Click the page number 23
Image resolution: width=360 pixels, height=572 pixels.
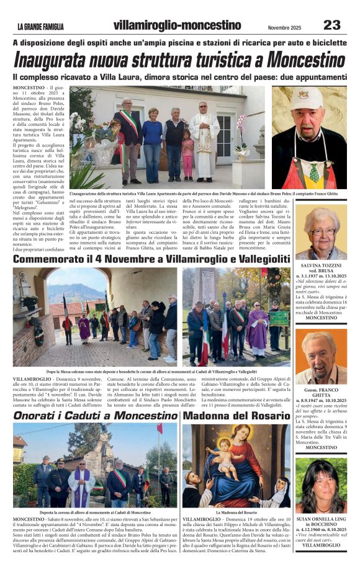point(331,25)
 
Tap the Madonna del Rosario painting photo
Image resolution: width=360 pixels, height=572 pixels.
point(235,465)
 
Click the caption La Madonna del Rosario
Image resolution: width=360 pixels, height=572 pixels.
point(235,513)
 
